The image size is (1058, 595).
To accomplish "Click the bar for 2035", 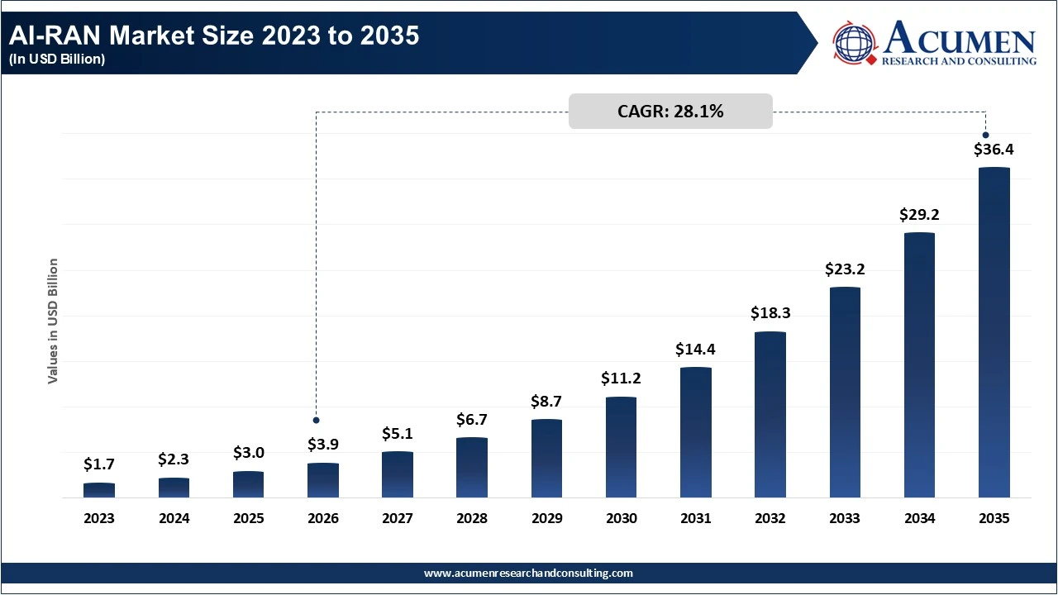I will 994,332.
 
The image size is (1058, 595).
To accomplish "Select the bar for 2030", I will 621,447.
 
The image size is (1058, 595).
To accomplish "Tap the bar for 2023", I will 99,490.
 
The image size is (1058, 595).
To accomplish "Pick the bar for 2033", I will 845,392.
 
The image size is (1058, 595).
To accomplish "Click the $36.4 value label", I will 994,150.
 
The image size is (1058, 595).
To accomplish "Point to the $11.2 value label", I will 622,378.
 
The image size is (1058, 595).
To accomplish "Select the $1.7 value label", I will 99,464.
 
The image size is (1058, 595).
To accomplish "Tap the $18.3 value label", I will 770,313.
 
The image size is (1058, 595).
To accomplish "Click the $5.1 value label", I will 398,433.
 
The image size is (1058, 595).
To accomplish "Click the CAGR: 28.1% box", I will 670,112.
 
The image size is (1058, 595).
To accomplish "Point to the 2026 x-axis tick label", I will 323,519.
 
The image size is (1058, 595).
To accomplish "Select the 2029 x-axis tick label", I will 546,519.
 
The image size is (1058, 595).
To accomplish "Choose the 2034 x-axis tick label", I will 919,519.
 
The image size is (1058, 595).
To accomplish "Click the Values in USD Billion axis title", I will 53,321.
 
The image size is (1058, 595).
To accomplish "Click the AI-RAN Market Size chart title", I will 213,36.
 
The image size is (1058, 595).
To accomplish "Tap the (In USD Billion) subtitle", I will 57,59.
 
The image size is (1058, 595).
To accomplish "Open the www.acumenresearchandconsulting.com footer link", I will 529,573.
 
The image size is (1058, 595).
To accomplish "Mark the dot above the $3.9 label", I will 316,420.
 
